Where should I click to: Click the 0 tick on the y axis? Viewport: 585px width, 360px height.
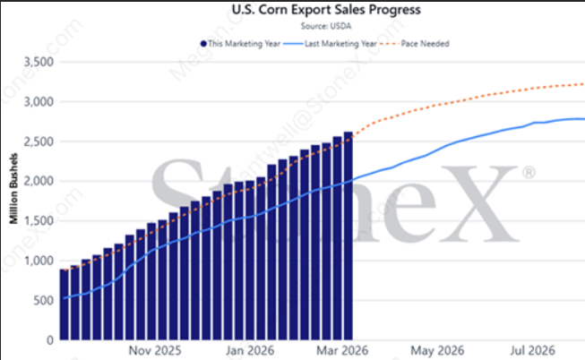(x=47, y=340)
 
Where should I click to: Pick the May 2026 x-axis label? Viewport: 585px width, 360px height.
(x=438, y=352)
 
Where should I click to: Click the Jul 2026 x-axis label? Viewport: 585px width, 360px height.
(x=529, y=352)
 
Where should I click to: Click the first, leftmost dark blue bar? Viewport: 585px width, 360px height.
(x=64, y=304)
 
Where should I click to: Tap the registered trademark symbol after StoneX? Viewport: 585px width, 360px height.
(x=529, y=170)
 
